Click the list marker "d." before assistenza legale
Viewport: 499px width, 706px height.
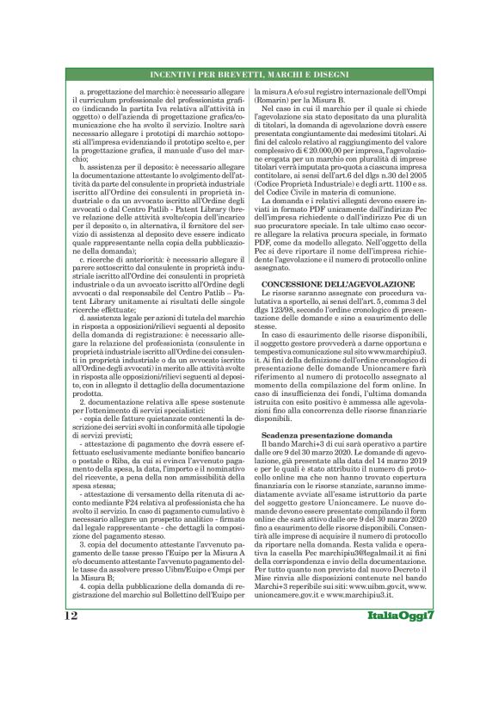pyautogui.click(x=81, y=342)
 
